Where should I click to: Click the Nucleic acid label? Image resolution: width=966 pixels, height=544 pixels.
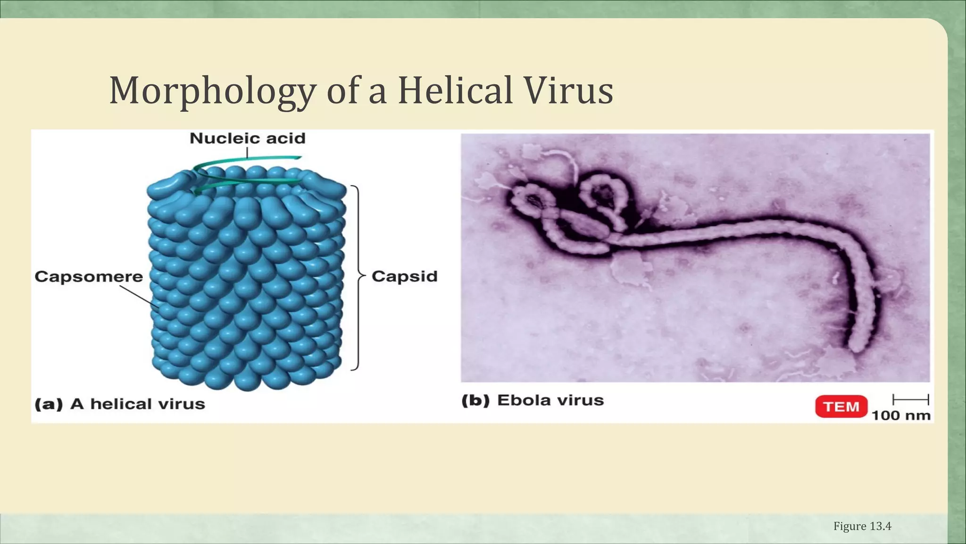248,138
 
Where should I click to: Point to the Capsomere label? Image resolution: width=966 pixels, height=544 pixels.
89,277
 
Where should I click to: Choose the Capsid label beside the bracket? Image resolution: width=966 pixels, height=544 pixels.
405,276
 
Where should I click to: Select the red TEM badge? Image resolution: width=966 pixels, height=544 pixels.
841,407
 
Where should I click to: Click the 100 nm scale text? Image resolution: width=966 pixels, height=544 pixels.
901,416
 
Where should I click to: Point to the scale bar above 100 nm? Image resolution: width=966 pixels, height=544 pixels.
910,399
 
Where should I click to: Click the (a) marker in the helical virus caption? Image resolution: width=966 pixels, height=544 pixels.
49,404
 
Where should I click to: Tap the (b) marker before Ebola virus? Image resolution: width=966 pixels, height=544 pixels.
475,400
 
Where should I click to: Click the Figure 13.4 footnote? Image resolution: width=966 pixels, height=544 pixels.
862,526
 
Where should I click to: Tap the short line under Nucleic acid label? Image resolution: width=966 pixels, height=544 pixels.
247,152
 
